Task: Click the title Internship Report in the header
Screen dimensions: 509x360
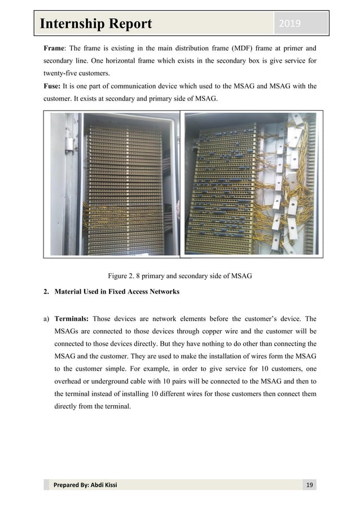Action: click(x=95, y=24)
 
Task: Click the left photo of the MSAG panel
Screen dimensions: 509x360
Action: click(x=113, y=183)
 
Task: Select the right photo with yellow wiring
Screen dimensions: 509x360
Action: click(x=251, y=183)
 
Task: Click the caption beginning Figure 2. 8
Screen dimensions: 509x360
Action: click(x=179, y=276)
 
